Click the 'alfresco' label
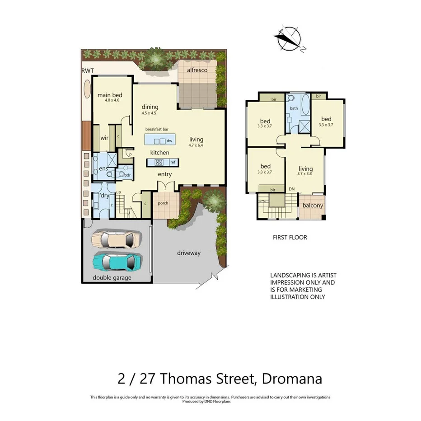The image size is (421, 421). coord(195,70)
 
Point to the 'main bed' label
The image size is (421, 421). coord(110,95)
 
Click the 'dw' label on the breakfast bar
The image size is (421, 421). coord(169,140)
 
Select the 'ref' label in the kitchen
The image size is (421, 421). coord(173,162)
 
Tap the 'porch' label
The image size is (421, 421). coord(163,203)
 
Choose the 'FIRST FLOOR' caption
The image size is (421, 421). coord(290,237)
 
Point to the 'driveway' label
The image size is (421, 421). coord(188,253)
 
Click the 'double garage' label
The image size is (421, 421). coord(112,277)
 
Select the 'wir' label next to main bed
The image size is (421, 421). coord(104,138)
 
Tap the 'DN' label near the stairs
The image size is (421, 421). coord(292,189)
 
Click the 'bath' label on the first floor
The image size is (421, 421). coord(294,108)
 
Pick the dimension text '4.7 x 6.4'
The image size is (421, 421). coord(196,145)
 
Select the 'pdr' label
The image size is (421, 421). coord(127,175)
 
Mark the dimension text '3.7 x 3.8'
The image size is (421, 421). coord(305,173)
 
